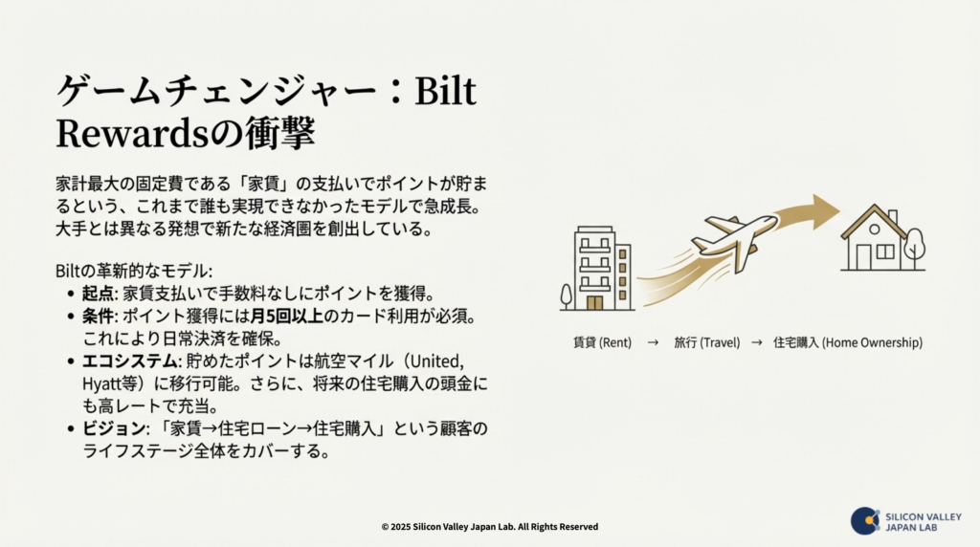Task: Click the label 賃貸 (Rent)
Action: [601, 341]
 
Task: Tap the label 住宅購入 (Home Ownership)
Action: [847, 341]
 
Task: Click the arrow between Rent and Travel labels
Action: [653, 341]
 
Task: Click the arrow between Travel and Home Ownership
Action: [756, 341]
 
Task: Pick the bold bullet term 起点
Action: [98, 293]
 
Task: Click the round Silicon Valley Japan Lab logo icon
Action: [864, 520]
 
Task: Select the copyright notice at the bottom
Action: [489, 526]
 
